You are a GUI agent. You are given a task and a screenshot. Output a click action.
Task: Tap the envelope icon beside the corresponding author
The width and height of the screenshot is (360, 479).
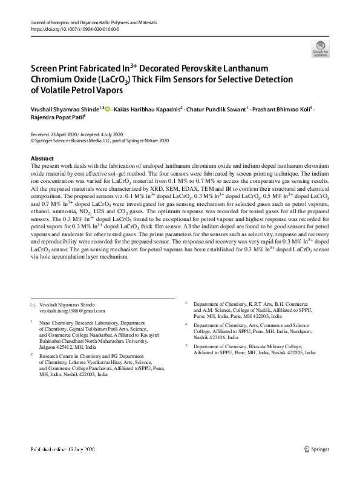pos(33,303)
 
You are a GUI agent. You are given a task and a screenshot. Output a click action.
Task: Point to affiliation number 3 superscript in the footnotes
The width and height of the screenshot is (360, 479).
pos(186,300)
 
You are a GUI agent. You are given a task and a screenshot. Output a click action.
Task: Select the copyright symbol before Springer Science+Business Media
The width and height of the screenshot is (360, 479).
pos(32,139)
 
